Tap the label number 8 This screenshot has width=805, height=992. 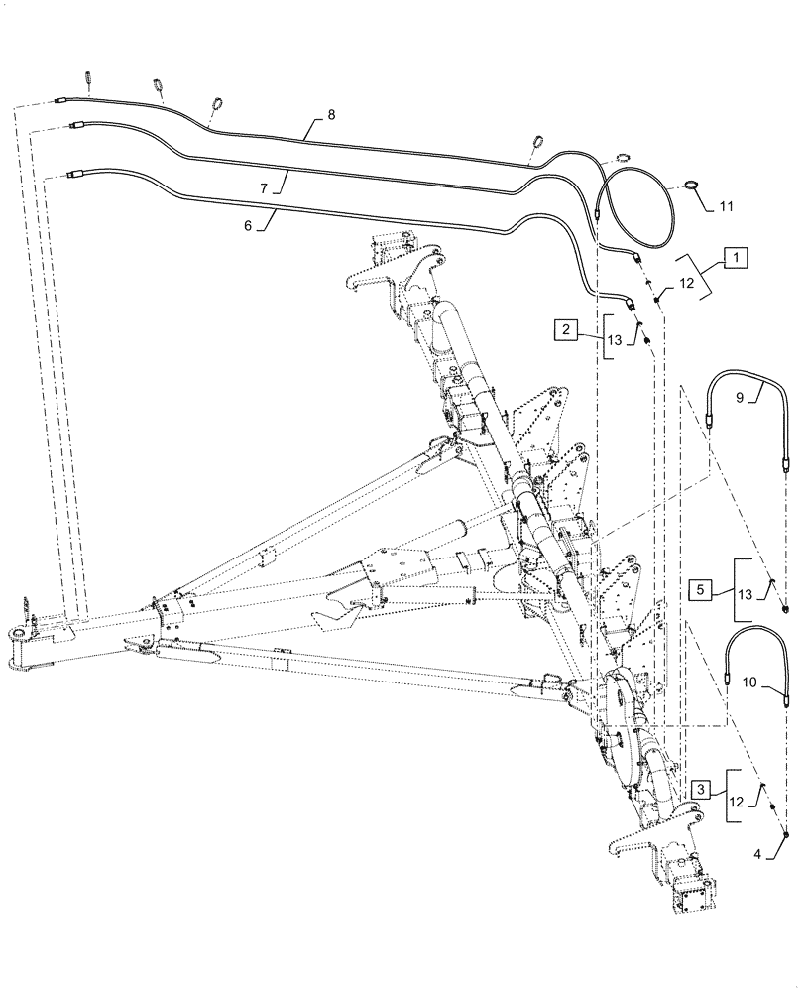pyautogui.click(x=331, y=115)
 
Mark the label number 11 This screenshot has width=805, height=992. pyautogui.click(x=726, y=206)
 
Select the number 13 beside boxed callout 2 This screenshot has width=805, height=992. pyautogui.click(x=616, y=339)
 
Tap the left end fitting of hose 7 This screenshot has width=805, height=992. pyautogui.click(x=77, y=126)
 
